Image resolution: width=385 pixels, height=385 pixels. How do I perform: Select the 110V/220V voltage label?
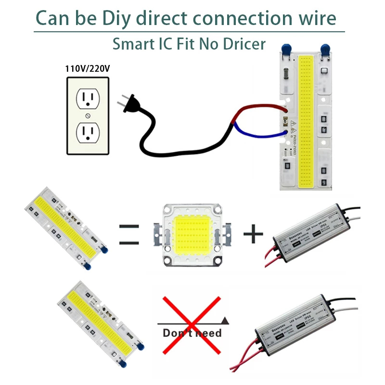88,69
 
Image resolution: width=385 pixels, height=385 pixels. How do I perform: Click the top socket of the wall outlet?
88,99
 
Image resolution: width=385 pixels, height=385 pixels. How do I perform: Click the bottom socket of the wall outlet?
88,131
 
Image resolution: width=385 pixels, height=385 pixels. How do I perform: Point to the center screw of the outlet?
88,115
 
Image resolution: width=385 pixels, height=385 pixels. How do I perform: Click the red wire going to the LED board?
260,108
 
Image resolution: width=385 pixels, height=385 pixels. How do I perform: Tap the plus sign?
253,234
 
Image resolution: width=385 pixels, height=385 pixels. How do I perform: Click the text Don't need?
192,333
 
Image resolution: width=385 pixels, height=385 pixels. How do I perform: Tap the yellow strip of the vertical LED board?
305,120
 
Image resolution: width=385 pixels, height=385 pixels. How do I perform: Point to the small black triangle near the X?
226,320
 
